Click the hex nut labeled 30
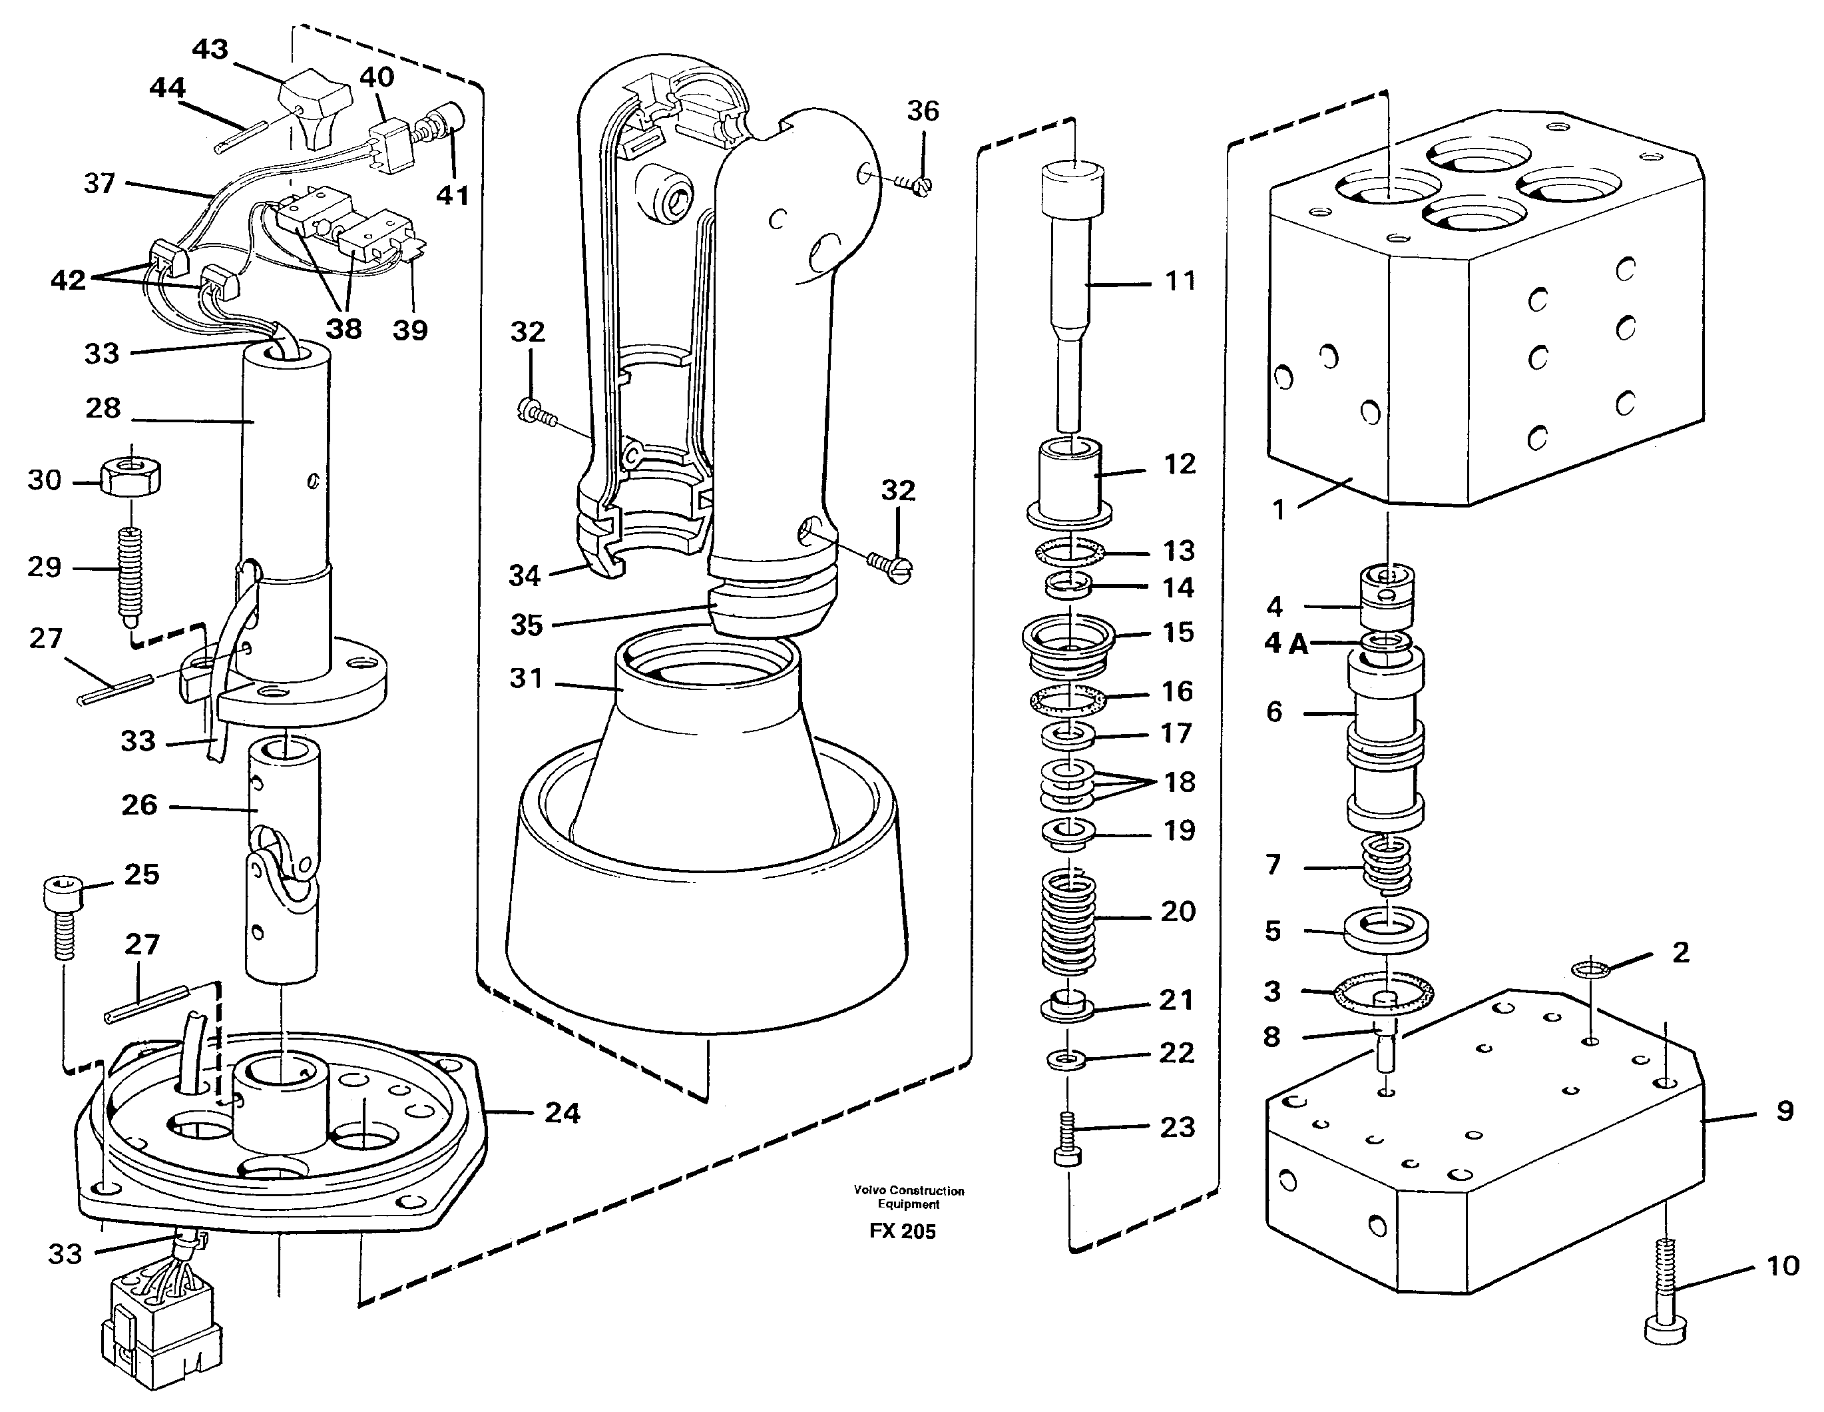pyautogui.click(x=131, y=479)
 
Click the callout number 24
pyautogui.click(x=561, y=1112)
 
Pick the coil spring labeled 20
pyautogui.click(x=1069, y=922)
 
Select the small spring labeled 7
pyautogui.click(x=1387, y=867)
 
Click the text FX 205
pyautogui.click(x=902, y=1232)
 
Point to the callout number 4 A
pyautogui.click(x=1286, y=643)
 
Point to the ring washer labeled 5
pyautogui.click(x=1387, y=930)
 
